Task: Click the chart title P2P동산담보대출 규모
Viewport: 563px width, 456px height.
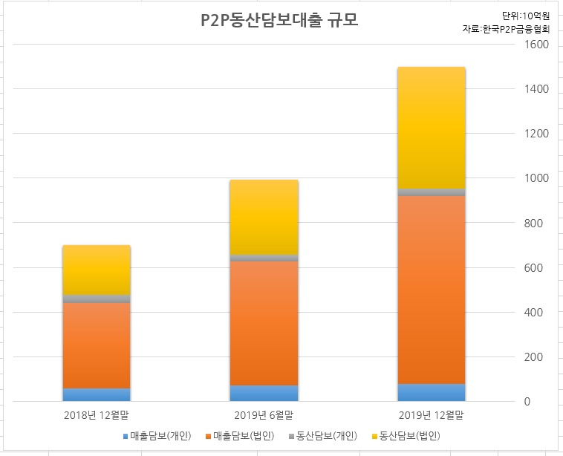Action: click(x=279, y=20)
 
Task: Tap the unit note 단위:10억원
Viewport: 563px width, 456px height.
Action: click(x=526, y=16)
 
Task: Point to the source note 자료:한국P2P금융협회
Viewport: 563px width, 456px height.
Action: click(x=507, y=29)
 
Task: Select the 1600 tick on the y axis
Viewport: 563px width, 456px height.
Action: click(x=536, y=45)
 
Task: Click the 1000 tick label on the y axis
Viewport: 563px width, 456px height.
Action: click(x=536, y=178)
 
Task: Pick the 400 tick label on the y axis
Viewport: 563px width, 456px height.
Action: click(x=533, y=313)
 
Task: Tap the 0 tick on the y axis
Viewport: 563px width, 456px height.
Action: click(x=527, y=402)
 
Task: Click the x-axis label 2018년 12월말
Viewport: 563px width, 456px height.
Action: click(x=97, y=415)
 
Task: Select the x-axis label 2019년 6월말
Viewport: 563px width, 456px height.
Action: click(x=264, y=415)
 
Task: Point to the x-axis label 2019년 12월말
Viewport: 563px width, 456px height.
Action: click(x=432, y=415)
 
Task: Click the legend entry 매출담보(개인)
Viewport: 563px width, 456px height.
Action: click(x=157, y=436)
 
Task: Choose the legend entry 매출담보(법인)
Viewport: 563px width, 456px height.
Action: click(x=240, y=436)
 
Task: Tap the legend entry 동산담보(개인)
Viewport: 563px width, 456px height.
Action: click(x=323, y=436)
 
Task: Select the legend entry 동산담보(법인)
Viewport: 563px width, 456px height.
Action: click(x=406, y=436)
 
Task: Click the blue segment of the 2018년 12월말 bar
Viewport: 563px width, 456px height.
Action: click(x=97, y=395)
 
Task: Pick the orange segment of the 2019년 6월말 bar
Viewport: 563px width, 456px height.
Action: click(x=264, y=324)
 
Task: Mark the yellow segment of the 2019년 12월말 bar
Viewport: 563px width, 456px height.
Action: click(x=432, y=128)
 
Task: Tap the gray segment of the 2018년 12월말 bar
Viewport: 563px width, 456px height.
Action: click(x=97, y=299)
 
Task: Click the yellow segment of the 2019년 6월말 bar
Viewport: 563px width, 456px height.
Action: click(x=264, y=217)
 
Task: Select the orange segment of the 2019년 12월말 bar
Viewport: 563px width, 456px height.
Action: click(x=432, y=290)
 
